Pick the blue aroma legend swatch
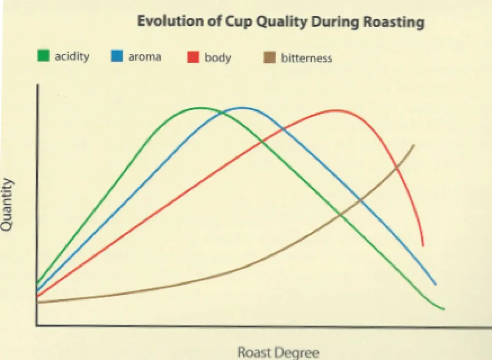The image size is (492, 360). (117, 57)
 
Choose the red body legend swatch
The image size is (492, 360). (193, 58)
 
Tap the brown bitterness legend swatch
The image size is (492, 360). (270, 58)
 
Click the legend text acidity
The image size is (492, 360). (71, 57)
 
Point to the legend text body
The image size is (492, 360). (218, 58)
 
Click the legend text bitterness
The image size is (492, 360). (306, 58)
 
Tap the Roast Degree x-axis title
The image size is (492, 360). (278, 352)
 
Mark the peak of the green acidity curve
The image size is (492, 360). (199, 108)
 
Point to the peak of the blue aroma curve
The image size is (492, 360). (242, 108)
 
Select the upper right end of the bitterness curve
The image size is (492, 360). (414, 145)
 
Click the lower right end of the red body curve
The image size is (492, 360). (423, 245)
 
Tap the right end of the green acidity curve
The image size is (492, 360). (444, 309)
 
